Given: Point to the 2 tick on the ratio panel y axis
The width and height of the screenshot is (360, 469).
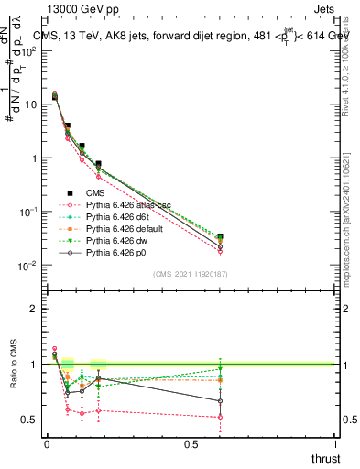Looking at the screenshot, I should (x=34, y=309).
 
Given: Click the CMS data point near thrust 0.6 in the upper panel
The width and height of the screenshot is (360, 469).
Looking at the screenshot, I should (x=220, y=237).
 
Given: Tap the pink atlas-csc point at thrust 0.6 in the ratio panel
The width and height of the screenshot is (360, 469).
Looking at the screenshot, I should (x=220, y=417).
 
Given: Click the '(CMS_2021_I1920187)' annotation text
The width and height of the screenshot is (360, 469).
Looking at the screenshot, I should (x=190, y=274).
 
